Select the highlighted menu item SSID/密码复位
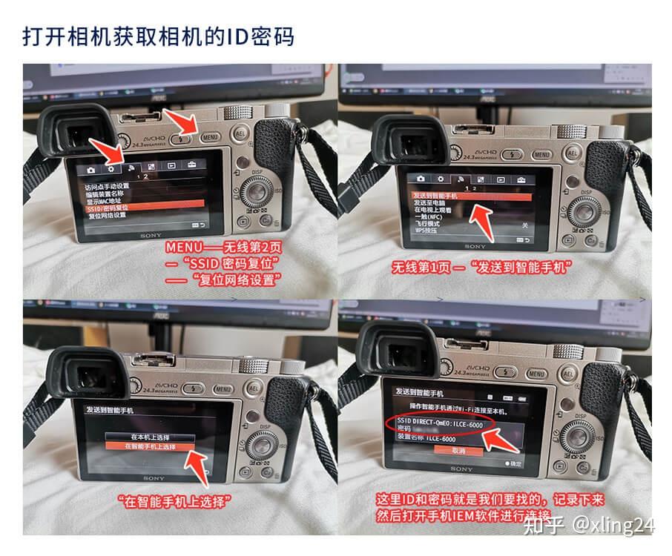pyautogui.click(x=112, y=208)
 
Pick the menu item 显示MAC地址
pyautogui.click(x=108, y=201)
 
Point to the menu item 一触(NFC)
pyautogui.click(x=430, y=216)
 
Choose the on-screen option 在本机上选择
pyautogui.click(x=149, y=437)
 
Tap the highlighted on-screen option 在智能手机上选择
pyautogui.click(x=150, y=447)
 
